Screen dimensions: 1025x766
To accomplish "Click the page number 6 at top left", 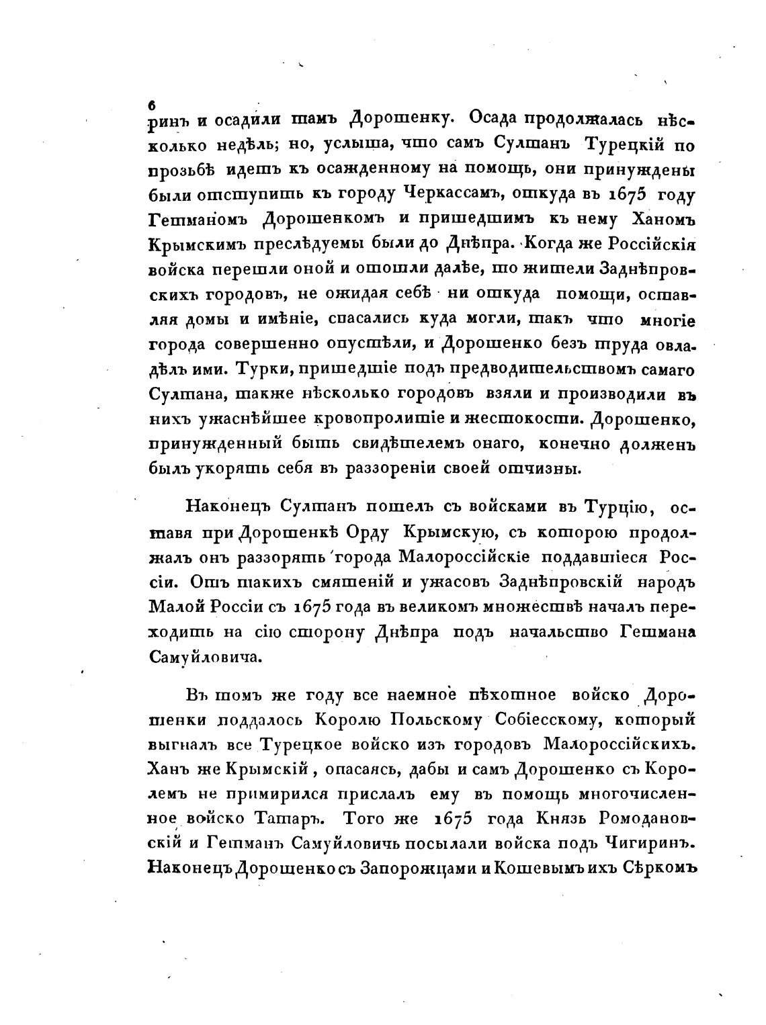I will click(152, 105).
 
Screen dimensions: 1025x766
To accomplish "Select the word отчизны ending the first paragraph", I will click(539, 468).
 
